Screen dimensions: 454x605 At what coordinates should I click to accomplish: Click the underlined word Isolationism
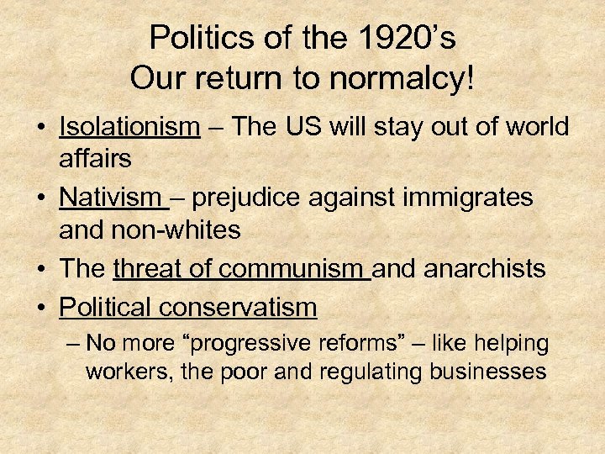[x=129, y=127]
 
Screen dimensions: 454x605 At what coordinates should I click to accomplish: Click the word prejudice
[x=250, y=198]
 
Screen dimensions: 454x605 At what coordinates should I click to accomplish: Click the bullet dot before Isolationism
[x=40, y=129]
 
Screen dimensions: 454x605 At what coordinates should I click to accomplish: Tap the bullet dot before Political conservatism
[x=40, y=309]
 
